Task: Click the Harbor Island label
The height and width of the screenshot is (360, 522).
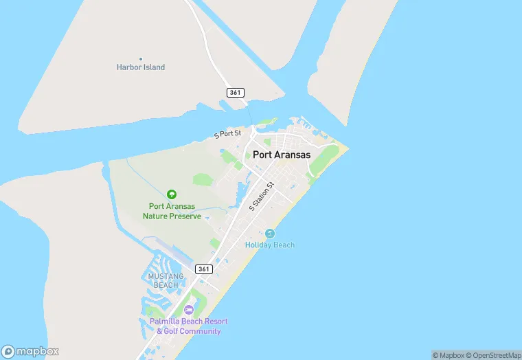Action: [141, 67]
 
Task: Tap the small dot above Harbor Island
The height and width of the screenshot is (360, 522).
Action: [141, 58]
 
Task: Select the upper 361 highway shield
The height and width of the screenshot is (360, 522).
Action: [236, 92]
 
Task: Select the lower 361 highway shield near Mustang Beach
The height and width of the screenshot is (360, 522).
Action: [203, 269]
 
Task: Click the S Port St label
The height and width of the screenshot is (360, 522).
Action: [228, 133]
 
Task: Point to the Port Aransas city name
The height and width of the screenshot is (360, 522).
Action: [282, 155]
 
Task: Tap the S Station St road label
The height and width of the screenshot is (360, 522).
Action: [262, 196]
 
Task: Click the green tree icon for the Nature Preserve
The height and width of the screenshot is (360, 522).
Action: [172, 194]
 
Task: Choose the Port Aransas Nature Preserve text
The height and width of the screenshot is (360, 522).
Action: [172, 211]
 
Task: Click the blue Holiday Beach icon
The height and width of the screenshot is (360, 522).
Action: [270, 234]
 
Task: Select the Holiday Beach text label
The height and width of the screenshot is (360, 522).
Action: [270, 245]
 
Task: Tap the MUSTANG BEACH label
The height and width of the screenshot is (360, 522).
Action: [166, 280]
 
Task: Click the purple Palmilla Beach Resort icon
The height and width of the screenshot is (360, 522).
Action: [189, 310]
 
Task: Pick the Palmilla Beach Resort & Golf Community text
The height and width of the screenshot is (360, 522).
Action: [189, 326]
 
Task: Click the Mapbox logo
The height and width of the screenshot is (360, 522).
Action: [30, 351]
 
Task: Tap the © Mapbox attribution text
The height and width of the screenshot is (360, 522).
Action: [449, 355]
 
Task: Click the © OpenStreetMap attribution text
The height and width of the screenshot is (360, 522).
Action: [492, 355]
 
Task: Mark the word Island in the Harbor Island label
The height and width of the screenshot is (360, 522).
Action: [154, 67]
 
